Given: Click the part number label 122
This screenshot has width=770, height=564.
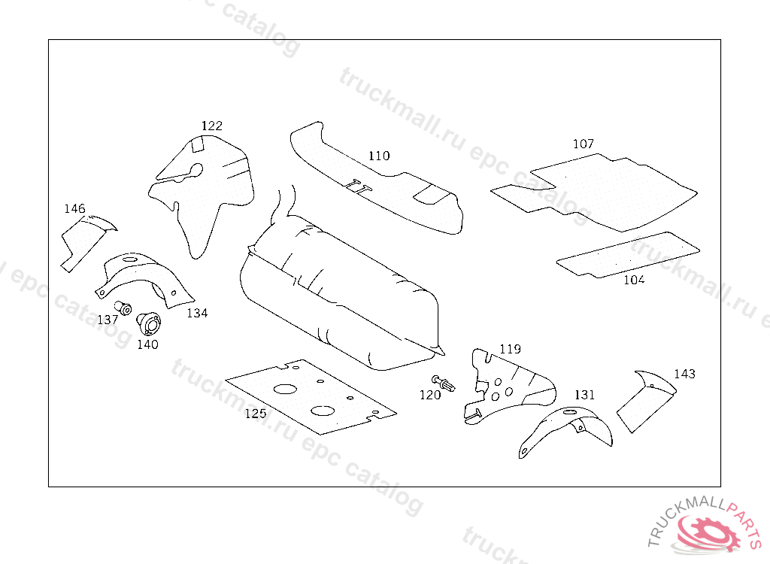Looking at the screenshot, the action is pyautogui.click(x=211, y=126).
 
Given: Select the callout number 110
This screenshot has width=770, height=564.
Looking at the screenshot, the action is pyautogui.click(x=379, y=156).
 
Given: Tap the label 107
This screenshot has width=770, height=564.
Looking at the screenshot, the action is pyautogui.click(x=583, y=144).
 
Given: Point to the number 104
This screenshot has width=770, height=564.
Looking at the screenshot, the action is pyautogui.click(x=634, y=280).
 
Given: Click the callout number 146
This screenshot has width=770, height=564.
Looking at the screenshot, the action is pyautogui.click(x=74, y=208).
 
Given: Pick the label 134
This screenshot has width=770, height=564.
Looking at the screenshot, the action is pyautogui.click(x=197, y=313).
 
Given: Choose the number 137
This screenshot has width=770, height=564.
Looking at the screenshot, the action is pyautogui.click(x=108, y=320).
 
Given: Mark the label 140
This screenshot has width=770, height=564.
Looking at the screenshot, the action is pyautogui.click(x=147, y=344).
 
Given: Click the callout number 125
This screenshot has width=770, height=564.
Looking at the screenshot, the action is pyautogui.click(x=256, y=413).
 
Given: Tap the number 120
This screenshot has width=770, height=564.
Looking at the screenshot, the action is pyautogui.click(x=430, y=395).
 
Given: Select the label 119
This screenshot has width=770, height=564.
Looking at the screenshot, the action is pyautogui.click(x=510, y=349).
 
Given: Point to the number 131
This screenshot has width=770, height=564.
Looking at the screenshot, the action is pyautogui.click(x=584, y=394).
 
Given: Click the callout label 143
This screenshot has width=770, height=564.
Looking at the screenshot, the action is pyautogui.click(x=684, y=374).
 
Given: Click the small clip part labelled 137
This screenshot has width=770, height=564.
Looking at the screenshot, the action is pyautogui.click(x=123, y=308).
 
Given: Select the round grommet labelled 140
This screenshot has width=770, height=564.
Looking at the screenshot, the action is pyautogui.click(x=148, y=325).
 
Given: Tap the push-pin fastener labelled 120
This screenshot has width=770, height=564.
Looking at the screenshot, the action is pyautogui.click(x=444, y=384).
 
